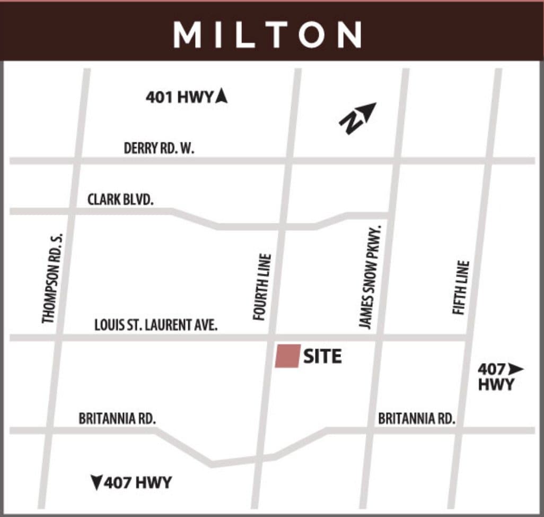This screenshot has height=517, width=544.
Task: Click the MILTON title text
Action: click(267, 35)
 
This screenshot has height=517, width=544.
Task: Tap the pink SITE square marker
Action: click(287, 356)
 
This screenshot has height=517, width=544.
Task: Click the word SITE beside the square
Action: click(322, 356)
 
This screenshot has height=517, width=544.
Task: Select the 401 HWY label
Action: click(179, 97)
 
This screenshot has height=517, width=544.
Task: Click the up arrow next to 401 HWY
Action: click(222, 96)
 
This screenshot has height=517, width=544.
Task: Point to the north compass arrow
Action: click(358, 118)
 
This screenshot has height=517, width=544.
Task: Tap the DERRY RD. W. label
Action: click(159, 148)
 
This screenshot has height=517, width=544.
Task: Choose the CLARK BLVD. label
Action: click(120, 200)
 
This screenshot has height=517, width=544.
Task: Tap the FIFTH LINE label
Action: click(461, 287)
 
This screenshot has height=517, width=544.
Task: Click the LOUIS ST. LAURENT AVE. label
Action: click(156, 325)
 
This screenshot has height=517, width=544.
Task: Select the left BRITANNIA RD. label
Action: click(117, 418)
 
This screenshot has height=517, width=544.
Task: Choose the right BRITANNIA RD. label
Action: click(417, 418)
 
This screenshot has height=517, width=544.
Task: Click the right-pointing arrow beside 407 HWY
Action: click(515, 368)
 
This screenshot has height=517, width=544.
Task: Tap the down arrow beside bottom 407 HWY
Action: click(96, 483)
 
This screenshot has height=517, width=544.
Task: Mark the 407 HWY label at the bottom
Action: click(138, 483)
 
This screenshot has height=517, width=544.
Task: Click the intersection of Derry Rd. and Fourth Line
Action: click(289, 160)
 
